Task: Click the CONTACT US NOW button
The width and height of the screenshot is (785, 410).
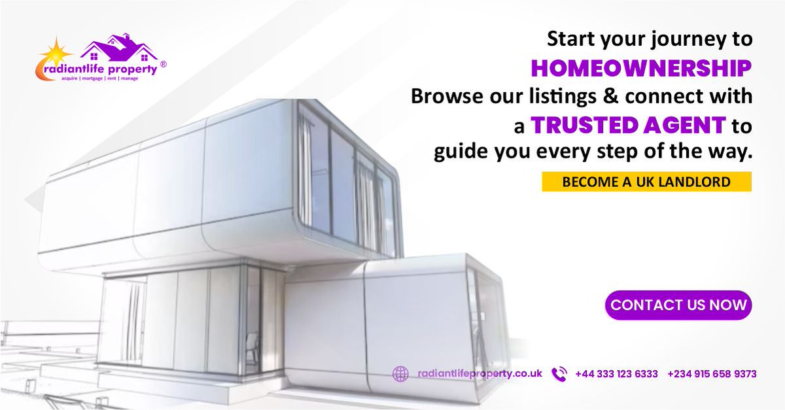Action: tap(678, 305)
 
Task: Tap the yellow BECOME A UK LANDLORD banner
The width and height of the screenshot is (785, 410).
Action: tap(646, 182)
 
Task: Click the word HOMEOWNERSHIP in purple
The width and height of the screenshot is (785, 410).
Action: tap(640, 67)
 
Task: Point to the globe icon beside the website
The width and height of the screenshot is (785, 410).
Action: tap(400, 374)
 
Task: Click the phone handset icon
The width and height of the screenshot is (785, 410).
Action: tap(559, 374)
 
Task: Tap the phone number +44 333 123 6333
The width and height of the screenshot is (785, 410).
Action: tap(616, 374)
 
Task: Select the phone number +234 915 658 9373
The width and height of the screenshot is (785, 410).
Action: tap(712, 374)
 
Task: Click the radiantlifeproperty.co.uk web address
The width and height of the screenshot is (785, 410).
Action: tap(480, 374)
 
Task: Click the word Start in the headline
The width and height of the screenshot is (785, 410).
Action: tap(568, 39)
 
